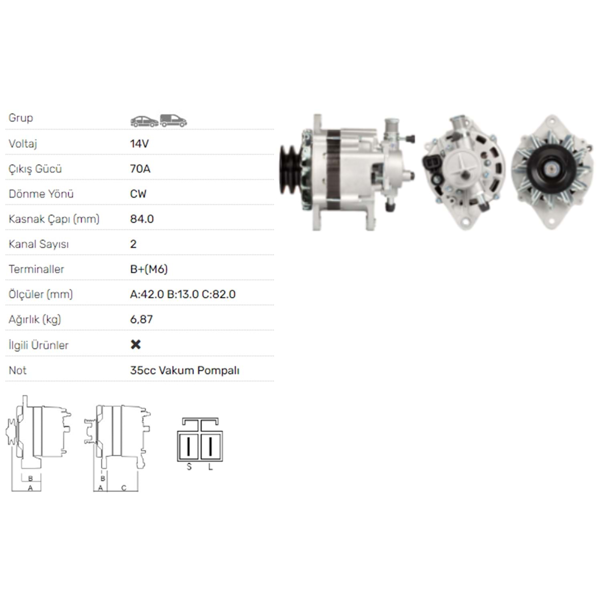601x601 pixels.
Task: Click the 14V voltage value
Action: point(139,143)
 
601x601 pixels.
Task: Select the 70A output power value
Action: point(140,169)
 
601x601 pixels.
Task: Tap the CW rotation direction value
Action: point(138,194)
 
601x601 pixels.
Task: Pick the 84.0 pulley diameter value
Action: point(142,219)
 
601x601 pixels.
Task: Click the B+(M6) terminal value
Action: point(149,269)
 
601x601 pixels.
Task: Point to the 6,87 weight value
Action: point(141,319)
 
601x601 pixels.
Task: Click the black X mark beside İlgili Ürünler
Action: point(136,345)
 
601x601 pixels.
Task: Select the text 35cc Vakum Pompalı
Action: point(185,370)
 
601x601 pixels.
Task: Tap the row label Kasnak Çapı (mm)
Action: point(54,219)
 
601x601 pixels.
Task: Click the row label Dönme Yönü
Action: point(41,194)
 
